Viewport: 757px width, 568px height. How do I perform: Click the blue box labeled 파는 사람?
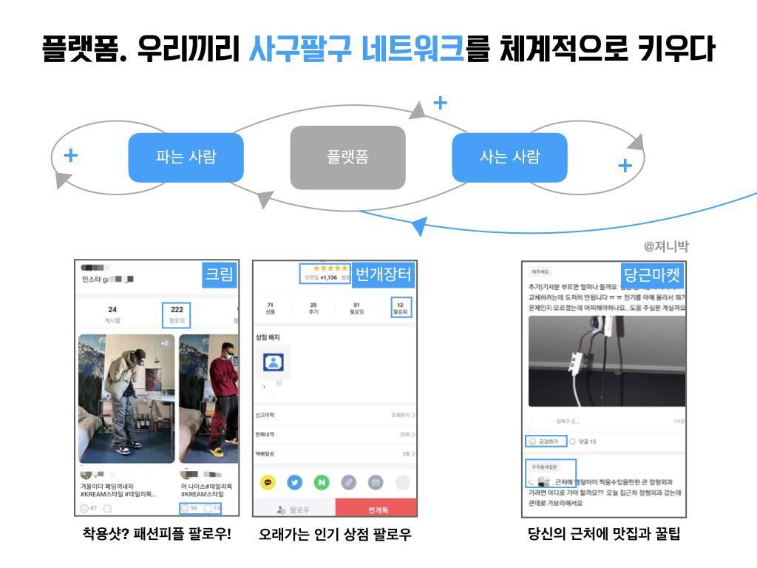(x=186, y=158)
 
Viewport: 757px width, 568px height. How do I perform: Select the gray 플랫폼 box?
(x=347, y=158)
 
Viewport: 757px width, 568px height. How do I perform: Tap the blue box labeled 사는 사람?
(x=509, y=158)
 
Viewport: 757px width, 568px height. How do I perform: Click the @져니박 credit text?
(x=666, y=247)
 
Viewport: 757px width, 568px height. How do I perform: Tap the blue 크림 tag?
(x=220, y=276)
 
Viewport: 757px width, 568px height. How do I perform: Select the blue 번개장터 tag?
(x=383, y=275)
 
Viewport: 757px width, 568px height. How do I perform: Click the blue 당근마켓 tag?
(x=651, y=276)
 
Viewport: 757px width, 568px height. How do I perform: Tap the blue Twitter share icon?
(x=294, y=482)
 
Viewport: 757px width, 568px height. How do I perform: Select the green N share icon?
(x=321, y=482)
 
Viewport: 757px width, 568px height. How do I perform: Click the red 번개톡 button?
(x=376, y=509)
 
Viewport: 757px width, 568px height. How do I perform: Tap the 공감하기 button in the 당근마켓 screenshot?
(x=547, y=442)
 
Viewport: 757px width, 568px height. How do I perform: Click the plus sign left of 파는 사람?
(x=71, y=155)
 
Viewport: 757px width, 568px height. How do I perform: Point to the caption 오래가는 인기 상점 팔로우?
(x=334, y=534)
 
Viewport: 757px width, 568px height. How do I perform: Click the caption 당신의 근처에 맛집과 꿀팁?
(x=604, y=533)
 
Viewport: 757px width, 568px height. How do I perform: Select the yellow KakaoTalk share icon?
(x=268, y=482)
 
